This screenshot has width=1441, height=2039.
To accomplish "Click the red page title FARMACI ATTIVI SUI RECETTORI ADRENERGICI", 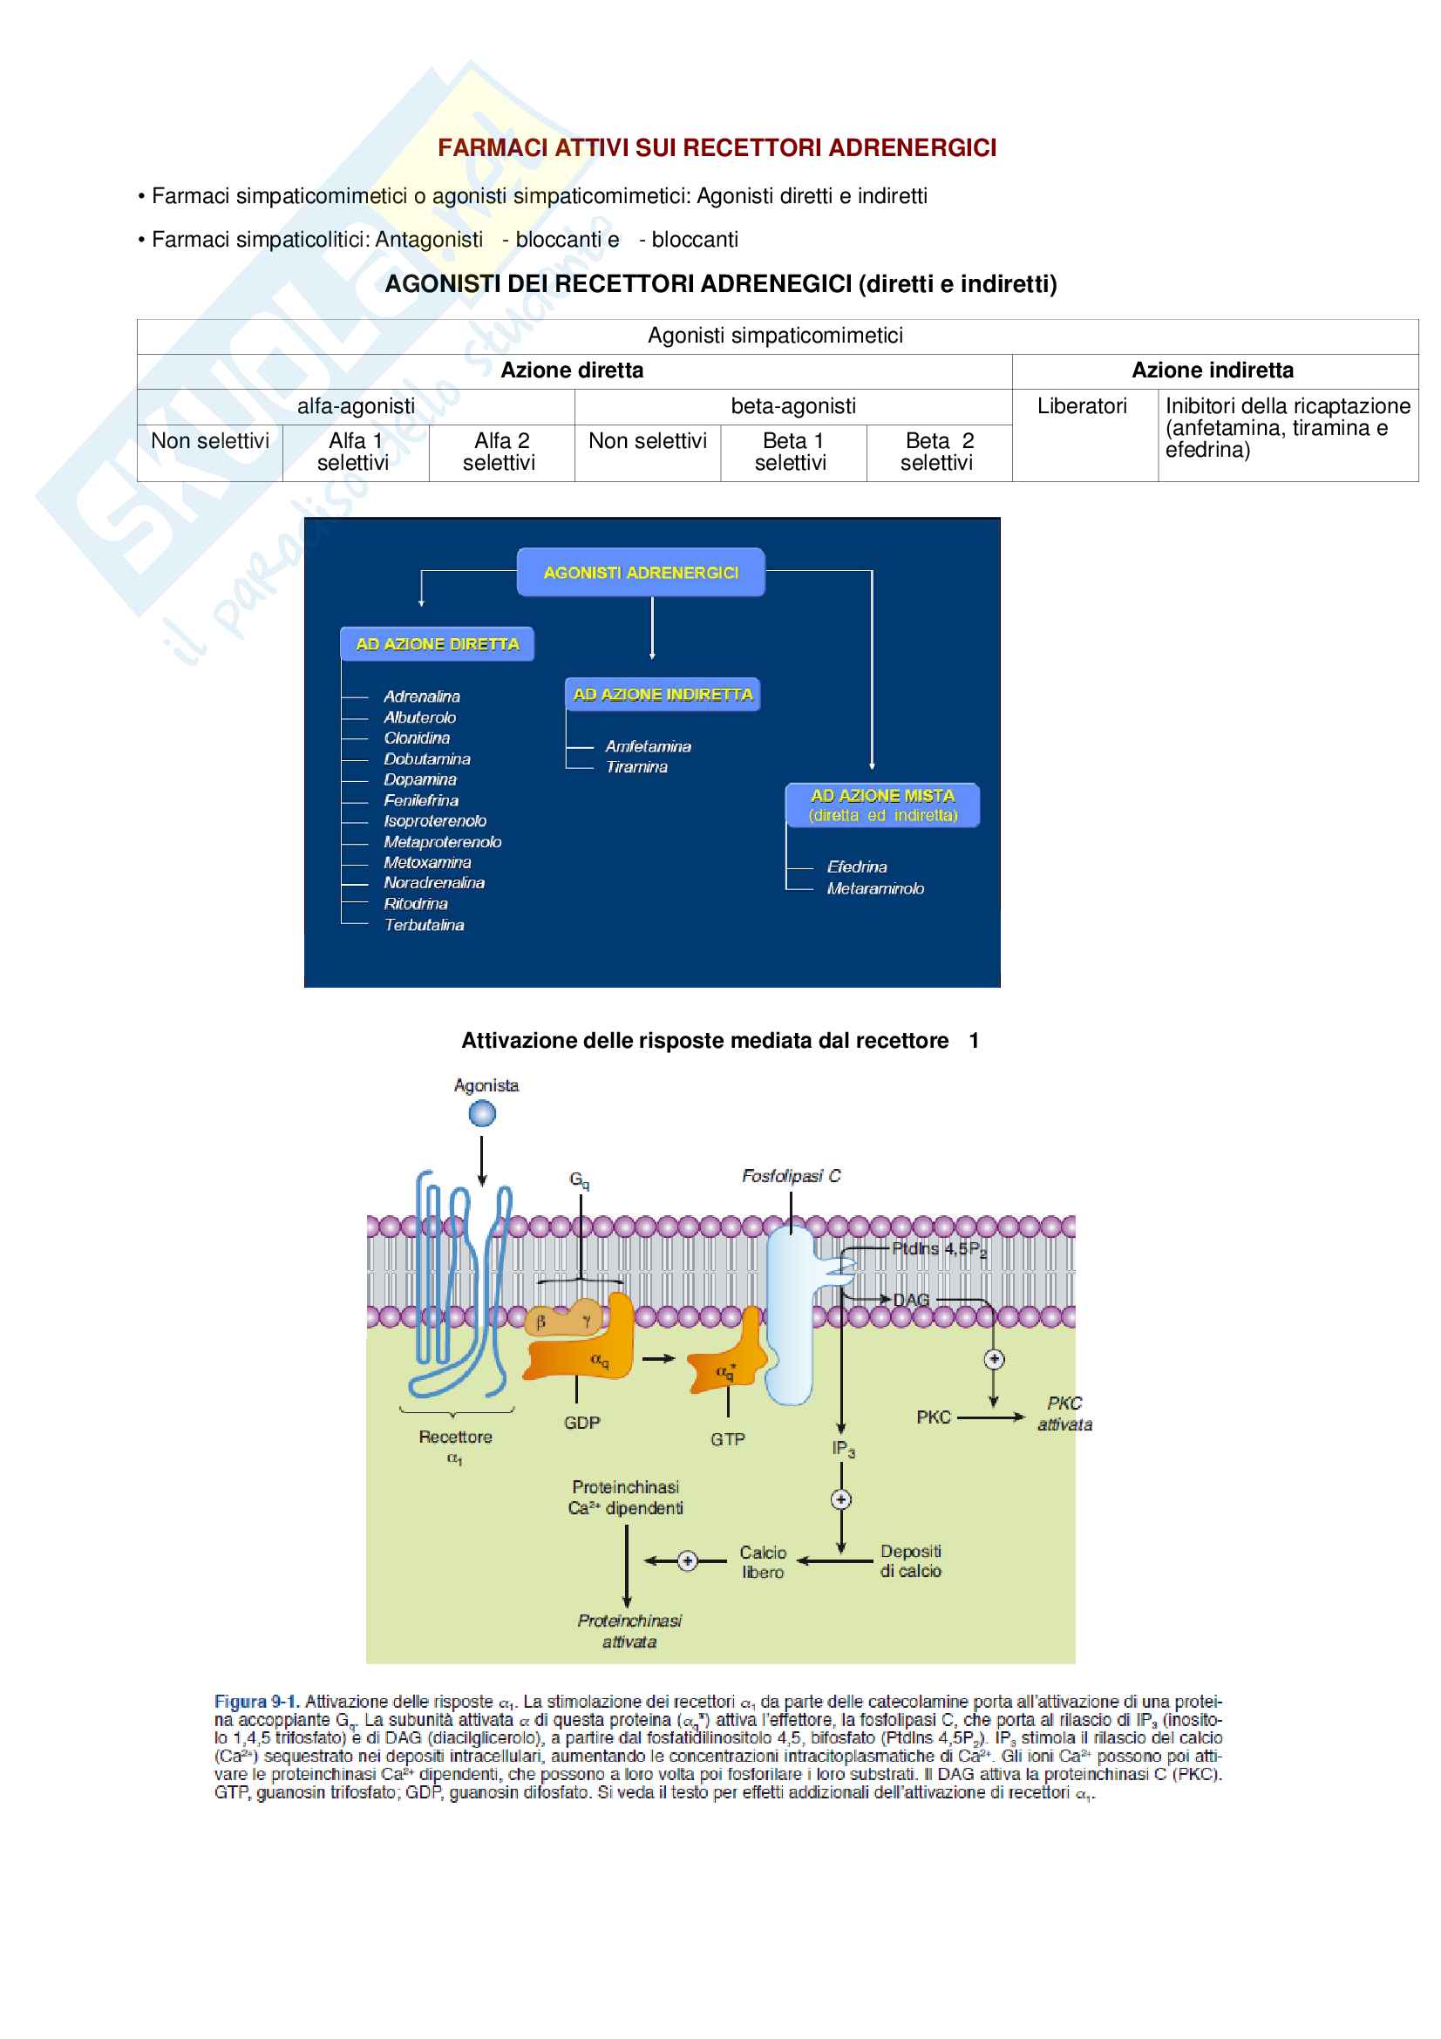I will coord(717,147).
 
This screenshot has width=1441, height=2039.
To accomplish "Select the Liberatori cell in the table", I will coord(1082,406).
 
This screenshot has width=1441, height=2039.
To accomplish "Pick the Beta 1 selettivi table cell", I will coord(792,452).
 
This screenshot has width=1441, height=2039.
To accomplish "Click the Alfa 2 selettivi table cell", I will coord(500,452).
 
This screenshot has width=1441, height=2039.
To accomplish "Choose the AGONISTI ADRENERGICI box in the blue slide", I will coord(640,573).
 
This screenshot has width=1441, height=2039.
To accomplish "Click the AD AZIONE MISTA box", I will coord(881,805).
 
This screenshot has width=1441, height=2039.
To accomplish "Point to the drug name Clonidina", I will coord(417,738).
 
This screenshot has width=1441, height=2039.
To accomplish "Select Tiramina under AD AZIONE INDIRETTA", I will coord(636,767).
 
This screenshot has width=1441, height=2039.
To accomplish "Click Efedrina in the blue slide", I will coord(857,867).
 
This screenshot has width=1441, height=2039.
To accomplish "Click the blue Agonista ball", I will coord(482,1112).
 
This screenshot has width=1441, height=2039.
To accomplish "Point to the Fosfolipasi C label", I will coord(790,1176).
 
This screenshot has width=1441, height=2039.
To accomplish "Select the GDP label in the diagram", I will coord(581,1423).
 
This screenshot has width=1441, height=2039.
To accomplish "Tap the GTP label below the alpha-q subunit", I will coord(727,1439).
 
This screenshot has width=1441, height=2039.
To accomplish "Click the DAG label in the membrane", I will coord(911,1300).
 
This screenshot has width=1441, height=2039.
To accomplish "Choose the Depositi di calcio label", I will coord(910,1561).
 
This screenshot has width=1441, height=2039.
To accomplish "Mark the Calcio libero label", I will coord(763,1562).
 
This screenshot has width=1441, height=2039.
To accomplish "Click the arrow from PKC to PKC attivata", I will coord(990,1417).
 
